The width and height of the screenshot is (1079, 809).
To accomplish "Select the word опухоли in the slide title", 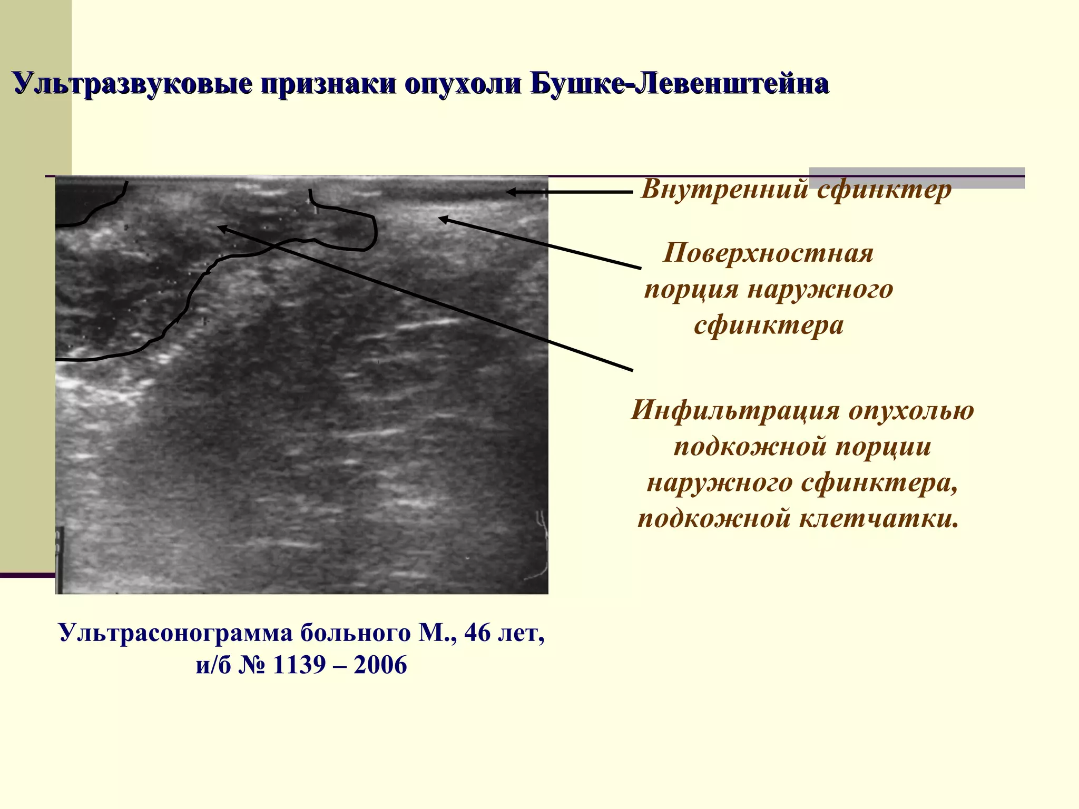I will coord(463,84).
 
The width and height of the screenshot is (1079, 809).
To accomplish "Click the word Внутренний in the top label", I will coord(723,189).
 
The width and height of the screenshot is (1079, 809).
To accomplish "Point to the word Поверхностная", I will coord(768,253).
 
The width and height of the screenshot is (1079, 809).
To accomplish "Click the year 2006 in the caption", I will coord(380,665).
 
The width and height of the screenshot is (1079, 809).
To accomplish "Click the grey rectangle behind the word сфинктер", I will coord(990,178).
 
